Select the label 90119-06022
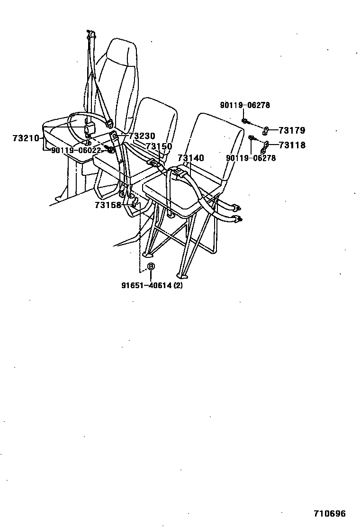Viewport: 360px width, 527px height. tap(76, 150)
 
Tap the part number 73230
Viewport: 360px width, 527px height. tap(142, 136)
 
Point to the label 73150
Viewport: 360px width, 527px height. tap(159, 147)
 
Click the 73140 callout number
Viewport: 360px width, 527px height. tap(191, 158)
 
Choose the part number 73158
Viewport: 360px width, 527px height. tap(108, 205)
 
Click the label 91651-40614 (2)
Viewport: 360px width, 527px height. tap(152, 286)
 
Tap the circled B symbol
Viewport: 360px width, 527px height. tap(151, 266)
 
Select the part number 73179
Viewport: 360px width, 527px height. tap(292, 130)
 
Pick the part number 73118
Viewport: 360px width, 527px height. tap(292, 145)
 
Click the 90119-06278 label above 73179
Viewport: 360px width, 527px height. tap(245, 105)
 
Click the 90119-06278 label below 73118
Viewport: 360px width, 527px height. tap(251, 158)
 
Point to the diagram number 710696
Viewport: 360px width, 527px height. tap(330, 513)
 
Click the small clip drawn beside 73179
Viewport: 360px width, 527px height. tap(267, 129)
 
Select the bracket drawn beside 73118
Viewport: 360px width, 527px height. tap(266, 146)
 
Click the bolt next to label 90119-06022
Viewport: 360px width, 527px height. tap(110, 150)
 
